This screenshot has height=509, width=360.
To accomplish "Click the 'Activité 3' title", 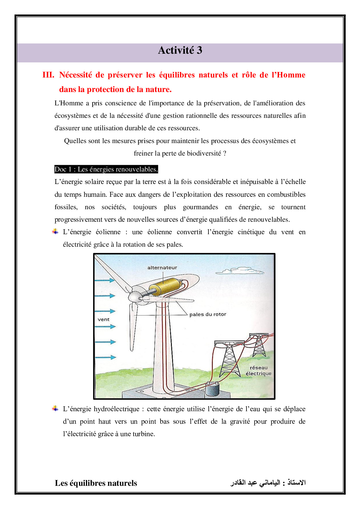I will pyautogui.click(x=180, y=50).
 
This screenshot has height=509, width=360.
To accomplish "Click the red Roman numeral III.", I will pyautogui.click(x=48, y=75).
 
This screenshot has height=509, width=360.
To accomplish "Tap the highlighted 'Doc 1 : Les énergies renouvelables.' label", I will pyautogui.click(x=106, y=169).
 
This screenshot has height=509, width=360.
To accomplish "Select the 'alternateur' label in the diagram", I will pyautogui.click(x=162, y=268).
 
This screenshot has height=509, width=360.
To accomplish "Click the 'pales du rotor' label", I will pyautogui.click(x=208, y=314).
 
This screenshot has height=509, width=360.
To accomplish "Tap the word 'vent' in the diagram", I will pyautogui.click(x=103, y=320).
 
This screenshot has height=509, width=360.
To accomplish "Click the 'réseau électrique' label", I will pyautogui.click(x=258, y=371).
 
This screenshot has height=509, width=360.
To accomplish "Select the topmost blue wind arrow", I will pyautogui.click(x=105, y=280).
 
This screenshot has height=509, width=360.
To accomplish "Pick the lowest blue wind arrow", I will pyautogui.click(x=105, y=357).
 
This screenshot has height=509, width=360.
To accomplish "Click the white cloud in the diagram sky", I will pyautogui.click(x=240, y=271).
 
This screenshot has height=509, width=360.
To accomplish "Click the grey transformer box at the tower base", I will pyautogui.click(x=213, y=389).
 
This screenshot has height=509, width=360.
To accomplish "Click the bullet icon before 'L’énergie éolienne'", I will pyautogui.click(x=55, y=232).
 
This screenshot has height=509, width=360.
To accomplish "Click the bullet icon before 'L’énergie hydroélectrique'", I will pyautogui.click(x=55, y=409).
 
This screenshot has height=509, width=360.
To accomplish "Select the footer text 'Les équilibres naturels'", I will pyautogui.click(x=96, y=483).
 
